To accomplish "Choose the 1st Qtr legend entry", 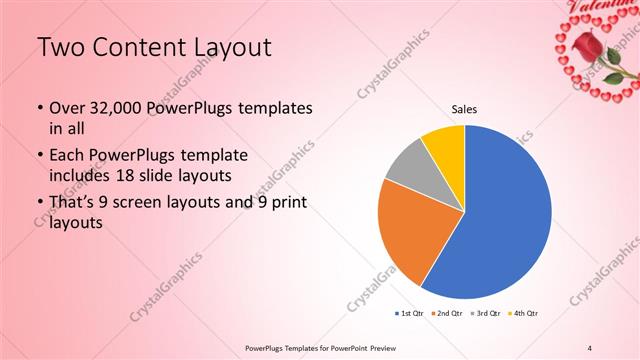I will coord(410,314).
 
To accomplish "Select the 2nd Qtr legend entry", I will coord(447,314).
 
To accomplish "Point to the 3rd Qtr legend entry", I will coord(485,314).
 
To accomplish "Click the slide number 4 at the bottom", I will coord(590,347).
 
